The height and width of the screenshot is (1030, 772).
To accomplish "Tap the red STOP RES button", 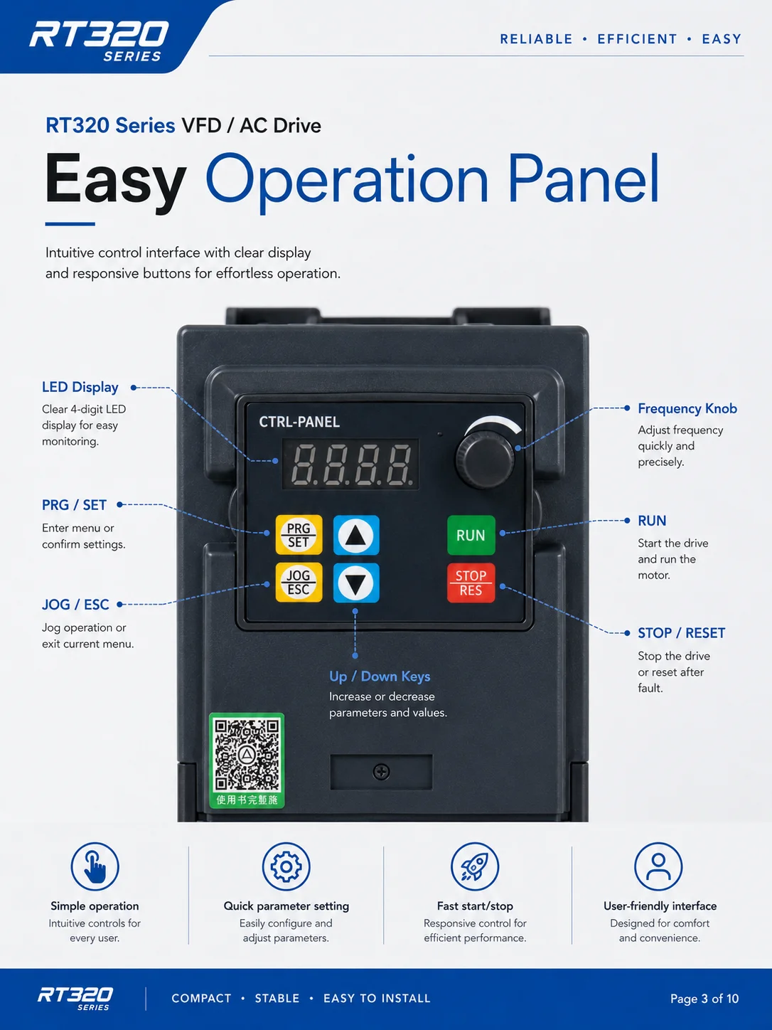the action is (471, 583).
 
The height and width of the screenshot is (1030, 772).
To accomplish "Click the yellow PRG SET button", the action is (299, 535).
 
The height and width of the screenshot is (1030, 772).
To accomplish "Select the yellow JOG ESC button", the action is (299, 583).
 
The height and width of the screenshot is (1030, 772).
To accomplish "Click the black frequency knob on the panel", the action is (485, 459).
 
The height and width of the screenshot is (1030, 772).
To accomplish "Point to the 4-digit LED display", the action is (350, 464).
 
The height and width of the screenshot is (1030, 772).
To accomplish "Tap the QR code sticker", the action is (247, 760).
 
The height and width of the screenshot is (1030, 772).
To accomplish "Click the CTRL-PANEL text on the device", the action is (299, 422).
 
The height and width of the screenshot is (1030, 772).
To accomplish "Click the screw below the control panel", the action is (381, 772).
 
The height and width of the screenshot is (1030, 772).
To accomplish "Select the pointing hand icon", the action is (95, 866).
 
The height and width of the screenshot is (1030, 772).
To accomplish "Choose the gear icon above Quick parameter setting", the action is (286, 866).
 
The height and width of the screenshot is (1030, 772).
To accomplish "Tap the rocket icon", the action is (475, 866).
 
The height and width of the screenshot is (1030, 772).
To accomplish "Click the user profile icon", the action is (658, 866).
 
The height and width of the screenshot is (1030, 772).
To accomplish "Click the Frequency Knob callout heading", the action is (687, 409).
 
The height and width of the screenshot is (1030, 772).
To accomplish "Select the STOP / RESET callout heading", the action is (681, 633).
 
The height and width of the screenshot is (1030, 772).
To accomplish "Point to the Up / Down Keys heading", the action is (380, 676).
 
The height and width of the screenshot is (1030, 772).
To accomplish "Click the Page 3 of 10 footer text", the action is (704, 999).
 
